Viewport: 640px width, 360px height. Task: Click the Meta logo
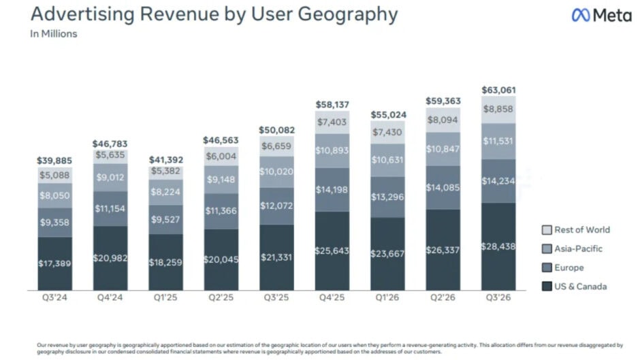(x=602, y=16)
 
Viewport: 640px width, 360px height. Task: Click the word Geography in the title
(x=348, y=15)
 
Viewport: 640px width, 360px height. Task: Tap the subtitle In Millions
(x=54, y=34)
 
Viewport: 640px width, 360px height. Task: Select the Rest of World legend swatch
(x=547, y=230)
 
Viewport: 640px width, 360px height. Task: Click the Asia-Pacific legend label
(x=578, y=248)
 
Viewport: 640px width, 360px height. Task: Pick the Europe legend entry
(x=563, y=267)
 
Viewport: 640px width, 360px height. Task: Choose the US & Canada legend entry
(x=574, y=287)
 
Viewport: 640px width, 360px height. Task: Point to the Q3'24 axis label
(x=54, y=297)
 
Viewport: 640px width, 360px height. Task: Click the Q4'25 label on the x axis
(x=332, y=297)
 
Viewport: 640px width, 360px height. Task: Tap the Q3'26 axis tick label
(x=498, y=297)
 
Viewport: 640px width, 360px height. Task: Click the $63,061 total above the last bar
(x=498, y=90)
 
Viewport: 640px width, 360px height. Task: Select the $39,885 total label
(x=54, y=161)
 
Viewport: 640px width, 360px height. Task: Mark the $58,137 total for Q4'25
(x=332, y=105)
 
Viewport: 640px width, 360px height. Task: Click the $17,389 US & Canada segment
(x=54, y=263)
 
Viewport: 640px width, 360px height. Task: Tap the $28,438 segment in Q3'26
(x=498, y=246)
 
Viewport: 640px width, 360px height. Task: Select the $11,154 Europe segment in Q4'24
(x=110, y=208)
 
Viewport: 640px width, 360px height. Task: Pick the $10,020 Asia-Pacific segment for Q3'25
(x=276, y=172)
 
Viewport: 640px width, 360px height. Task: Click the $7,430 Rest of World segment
(x=387, y=132)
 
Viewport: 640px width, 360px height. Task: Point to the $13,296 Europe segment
(x=387, y=197)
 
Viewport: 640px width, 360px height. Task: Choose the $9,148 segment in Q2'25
(x=221, y=179)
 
